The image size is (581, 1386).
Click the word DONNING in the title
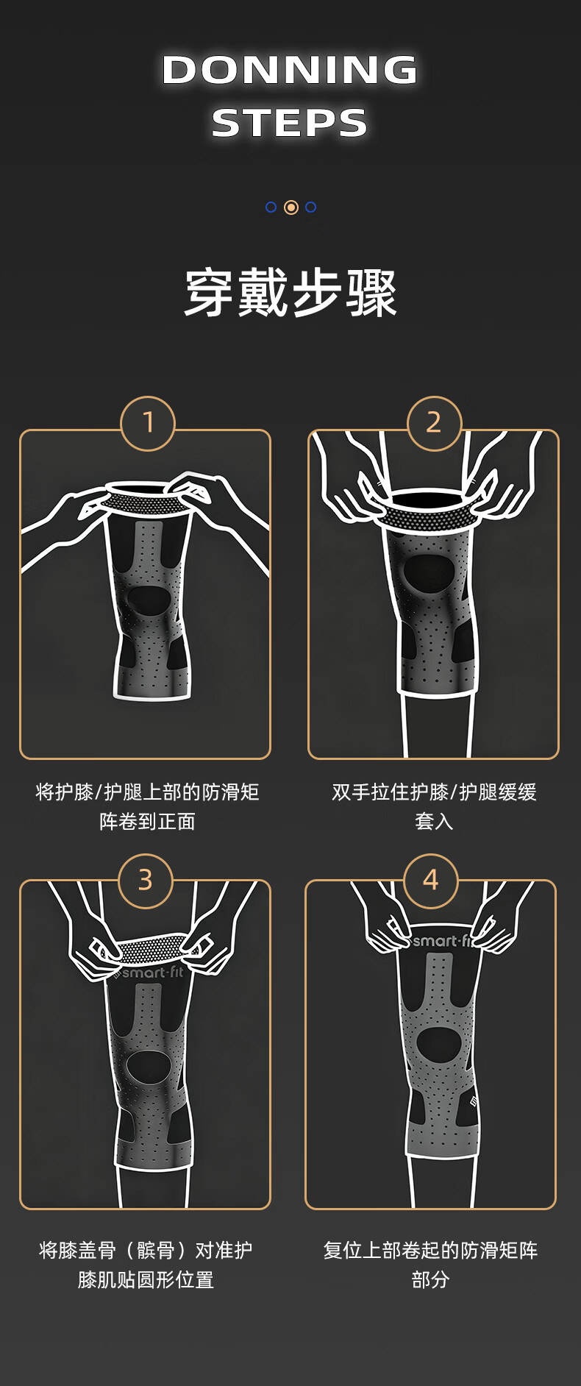(290, 70)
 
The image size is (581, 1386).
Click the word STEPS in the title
(290, 123)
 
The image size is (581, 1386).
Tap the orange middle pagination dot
(291, 207)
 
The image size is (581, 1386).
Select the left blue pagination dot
(271, 207)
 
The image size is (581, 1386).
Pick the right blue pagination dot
(311, 207)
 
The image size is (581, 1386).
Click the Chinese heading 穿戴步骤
(290, 293)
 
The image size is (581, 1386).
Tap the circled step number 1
(148, 423)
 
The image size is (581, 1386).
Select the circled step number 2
(434, 423)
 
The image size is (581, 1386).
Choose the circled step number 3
(146, 881)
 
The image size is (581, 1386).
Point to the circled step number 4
(431, 881)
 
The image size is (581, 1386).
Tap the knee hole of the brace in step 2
(427, 573)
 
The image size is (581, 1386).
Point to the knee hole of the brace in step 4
(439, 1044)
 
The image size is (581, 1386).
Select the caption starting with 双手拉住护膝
(434, 807)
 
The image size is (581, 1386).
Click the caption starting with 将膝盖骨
(146, 1265)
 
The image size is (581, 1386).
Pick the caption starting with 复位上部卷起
(431, 1265)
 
